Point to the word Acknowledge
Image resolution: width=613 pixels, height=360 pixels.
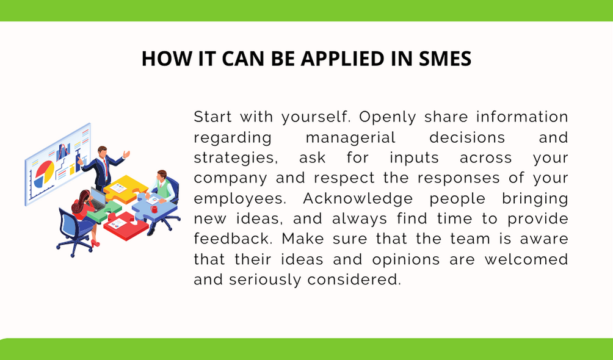tap(358, 198)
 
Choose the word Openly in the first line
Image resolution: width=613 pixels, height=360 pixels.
tap(388, 117)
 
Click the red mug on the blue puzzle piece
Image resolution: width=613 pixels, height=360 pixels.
tap(154, 209)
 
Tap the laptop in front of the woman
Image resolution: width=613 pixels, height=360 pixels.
tap(98, 200)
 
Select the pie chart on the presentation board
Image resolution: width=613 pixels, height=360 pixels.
tap(44, 173)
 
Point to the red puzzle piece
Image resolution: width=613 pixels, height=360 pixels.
tap(121, 226)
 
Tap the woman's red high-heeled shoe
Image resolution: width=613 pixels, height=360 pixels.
tap(95, 243)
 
